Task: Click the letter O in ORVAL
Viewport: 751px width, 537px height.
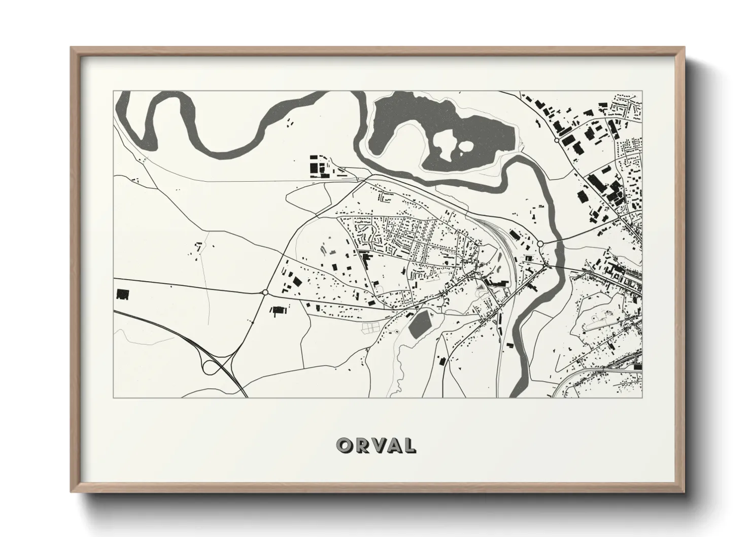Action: [x=345, y=445]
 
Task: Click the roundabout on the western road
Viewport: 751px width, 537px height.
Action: [x=265, y=292]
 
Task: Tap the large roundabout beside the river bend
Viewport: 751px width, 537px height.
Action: [x=540, y=244]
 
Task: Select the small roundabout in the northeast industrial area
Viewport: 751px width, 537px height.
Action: [x=557, y=139]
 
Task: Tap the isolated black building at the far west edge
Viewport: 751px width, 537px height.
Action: [x=122, y=294]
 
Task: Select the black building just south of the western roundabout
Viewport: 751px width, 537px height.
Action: [x=278, y=310]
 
